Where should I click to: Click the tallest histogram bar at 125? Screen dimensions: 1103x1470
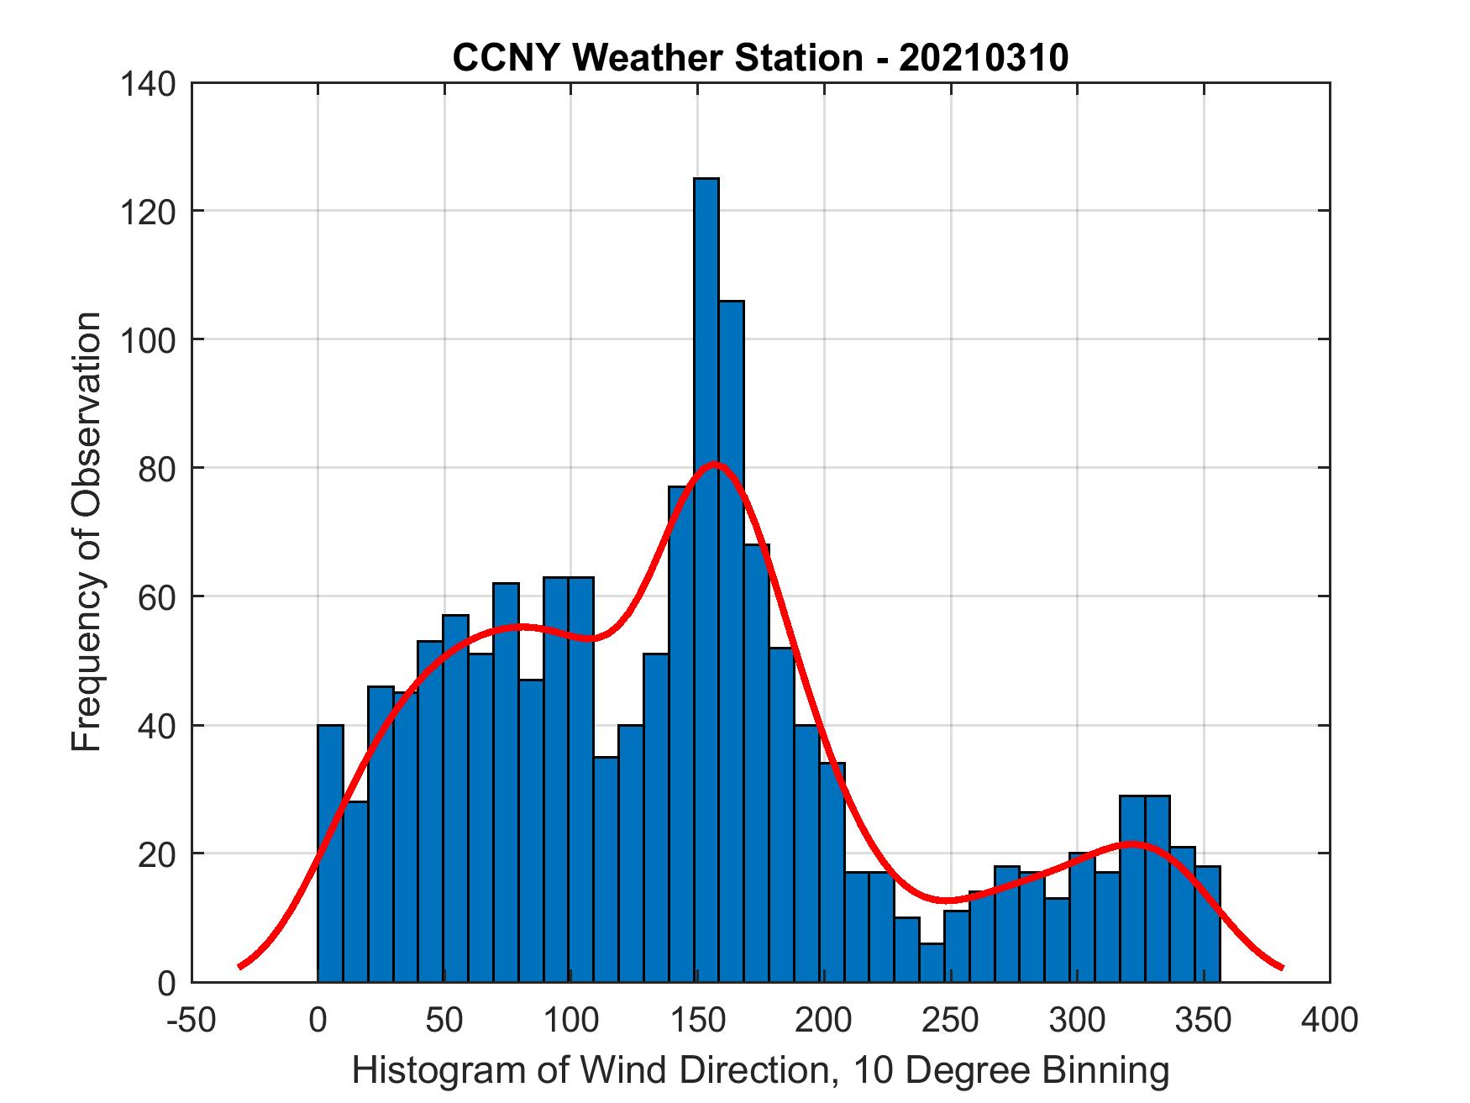[706, 580]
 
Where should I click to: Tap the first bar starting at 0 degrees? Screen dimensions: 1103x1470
[330, 854]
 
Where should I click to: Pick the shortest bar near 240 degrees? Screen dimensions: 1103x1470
[932, 963]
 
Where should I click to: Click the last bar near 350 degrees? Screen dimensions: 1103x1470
[1207, 924]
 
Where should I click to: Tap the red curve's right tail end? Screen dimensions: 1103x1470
[1282, 967]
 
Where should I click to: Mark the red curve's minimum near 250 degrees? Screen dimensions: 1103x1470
[948, 901]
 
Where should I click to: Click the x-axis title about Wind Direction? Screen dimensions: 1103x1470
[760, 1070]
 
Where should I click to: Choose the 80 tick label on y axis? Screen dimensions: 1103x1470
[157, 468]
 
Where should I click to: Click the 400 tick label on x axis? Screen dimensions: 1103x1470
[1331, 1021]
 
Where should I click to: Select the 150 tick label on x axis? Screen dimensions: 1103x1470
[697, 1021]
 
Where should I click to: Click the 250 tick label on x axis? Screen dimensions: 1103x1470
[951, 1021]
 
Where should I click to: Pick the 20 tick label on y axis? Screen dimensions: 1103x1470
[157, 854]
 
